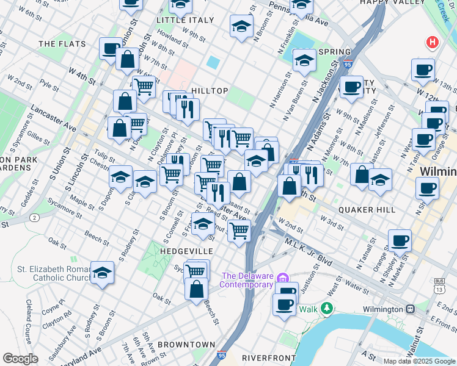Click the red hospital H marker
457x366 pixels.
[433, 42]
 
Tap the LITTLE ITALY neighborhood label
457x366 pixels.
[185, 20]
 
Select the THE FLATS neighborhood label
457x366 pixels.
[62, 44]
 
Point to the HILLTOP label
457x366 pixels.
[210, 91]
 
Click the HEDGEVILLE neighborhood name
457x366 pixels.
[187, 251]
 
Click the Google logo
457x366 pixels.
[20, 359]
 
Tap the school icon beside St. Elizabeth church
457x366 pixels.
[103, 273]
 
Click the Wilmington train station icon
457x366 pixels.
[413, 309]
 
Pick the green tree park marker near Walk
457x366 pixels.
[328, 308]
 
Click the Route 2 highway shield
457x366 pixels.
[35, 218]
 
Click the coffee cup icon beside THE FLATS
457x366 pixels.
[111, 48]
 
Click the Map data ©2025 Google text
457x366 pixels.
[419, 361]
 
